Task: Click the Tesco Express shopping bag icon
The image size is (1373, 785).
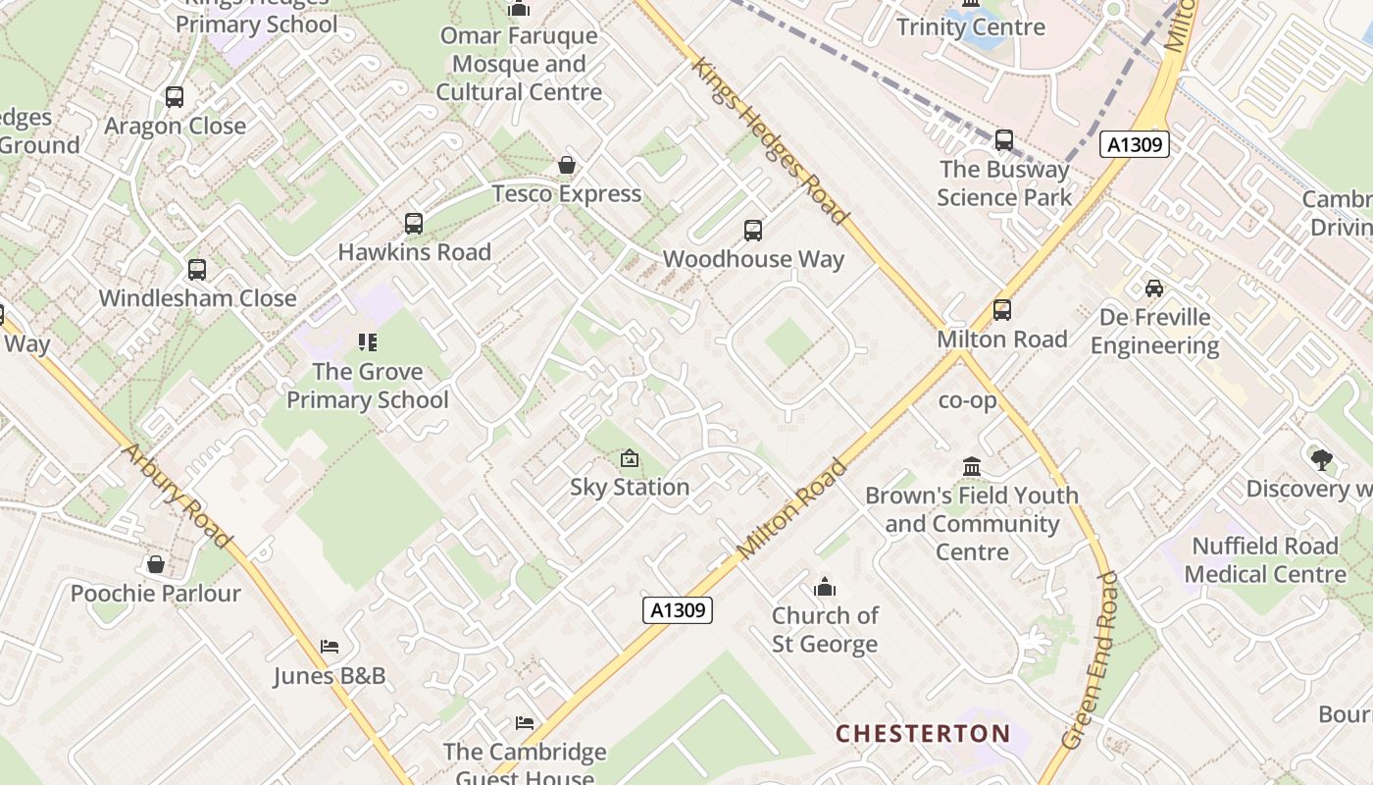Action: tap(566, 165)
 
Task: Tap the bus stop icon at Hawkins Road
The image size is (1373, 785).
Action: tap(414, 224)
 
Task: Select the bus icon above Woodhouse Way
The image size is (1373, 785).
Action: tap(752, 231)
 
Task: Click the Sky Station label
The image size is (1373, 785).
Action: tap(630, 487)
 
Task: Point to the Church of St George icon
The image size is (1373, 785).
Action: tap(825, 587)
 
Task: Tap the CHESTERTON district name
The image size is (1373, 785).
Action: tap(922, 733)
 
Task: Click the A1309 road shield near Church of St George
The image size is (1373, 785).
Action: tap(678, 609)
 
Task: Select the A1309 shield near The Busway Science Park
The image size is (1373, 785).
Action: tap(1135, 145)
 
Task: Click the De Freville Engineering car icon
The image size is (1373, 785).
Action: tap(1154, 288)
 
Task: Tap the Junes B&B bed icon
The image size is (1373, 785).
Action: tap(330, 647)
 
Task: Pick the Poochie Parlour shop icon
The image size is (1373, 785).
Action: tap(155, 564)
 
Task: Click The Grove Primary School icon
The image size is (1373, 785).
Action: tap(368, 342)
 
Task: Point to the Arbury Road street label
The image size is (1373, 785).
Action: tap(177, 496)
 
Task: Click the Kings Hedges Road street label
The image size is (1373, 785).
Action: tap(770, 140)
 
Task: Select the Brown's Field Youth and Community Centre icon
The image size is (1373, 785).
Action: tap(972, 466)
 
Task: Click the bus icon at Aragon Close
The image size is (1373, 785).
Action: tap(175, 97)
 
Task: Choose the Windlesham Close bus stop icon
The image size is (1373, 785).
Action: tap(197, 269)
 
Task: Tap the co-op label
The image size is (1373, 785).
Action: tap(967, 400)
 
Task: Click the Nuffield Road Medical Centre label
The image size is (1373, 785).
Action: tap(1265, 559)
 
